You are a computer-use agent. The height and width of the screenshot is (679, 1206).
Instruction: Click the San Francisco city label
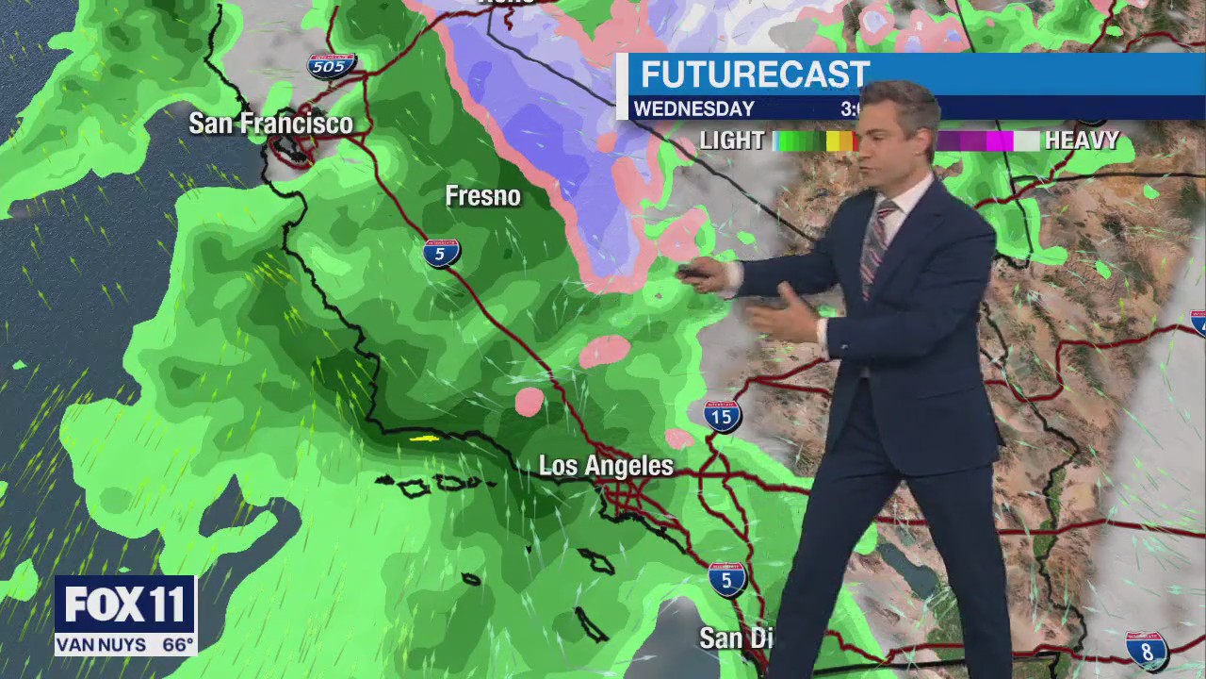pos(270,124)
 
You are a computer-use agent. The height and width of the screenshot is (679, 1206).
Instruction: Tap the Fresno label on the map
pos(482,196)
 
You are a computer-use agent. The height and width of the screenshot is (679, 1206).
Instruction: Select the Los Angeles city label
pos(606,466)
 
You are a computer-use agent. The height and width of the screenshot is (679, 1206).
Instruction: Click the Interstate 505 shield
pos(332,66)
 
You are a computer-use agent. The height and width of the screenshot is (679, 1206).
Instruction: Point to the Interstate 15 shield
pos(722,416)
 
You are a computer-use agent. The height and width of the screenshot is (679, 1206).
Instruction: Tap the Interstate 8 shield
pos(1147,651)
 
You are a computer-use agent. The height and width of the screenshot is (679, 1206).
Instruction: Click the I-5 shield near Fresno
pos(441,253)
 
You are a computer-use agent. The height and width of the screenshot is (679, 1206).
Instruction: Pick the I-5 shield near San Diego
pos(726,579)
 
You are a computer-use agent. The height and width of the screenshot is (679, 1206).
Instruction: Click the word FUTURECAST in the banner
pos(755,75)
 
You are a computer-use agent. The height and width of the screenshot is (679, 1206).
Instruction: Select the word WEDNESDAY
pos(693,109)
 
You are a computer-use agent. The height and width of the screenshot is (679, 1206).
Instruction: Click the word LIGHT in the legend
pos(731,141)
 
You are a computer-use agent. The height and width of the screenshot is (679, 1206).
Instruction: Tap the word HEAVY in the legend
pos(1081,141)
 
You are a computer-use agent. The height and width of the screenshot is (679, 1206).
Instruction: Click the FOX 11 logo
pos(125,604)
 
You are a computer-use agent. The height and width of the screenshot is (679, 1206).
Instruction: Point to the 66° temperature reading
pos(177,646)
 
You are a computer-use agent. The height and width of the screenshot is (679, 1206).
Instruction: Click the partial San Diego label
pos(735,638)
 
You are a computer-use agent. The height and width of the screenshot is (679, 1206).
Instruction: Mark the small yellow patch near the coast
pos(424,438)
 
